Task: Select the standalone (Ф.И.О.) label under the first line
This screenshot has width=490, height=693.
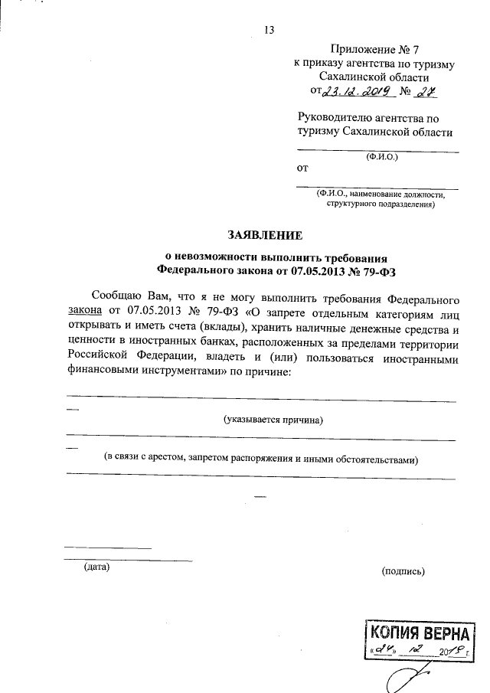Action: click(377, 159)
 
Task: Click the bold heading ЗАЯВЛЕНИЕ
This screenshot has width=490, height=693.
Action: click(264, 234)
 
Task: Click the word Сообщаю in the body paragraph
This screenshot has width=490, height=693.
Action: click(115, 296)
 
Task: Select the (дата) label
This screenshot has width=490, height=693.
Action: click(97, 567)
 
